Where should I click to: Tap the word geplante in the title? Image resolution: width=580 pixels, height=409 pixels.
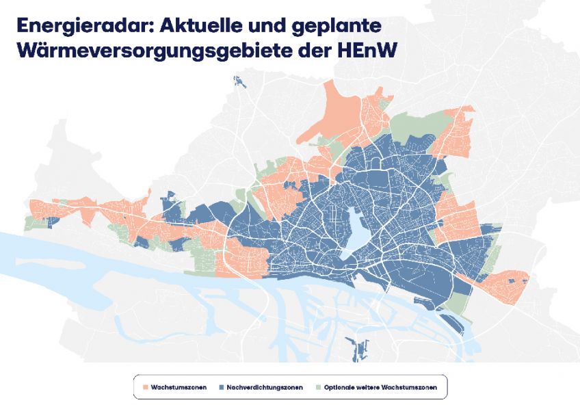332,26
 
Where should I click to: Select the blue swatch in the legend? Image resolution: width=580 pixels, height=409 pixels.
223,387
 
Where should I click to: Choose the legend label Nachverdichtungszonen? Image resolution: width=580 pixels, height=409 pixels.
263,387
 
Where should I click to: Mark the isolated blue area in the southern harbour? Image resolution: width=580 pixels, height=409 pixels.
356,349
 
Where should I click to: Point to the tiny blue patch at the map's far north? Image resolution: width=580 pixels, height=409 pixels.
240,81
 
